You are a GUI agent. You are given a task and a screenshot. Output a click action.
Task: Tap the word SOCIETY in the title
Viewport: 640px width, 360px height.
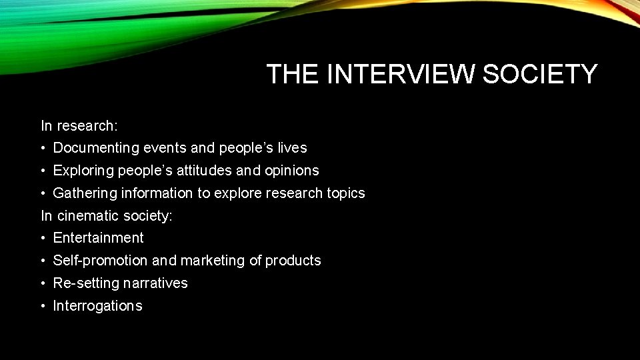(540, 74)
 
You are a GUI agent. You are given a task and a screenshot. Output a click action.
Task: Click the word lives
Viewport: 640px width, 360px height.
(293, 148)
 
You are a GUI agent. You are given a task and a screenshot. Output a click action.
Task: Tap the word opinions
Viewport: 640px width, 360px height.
(293, 171)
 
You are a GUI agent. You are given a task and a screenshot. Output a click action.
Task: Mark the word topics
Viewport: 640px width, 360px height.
(345, 194)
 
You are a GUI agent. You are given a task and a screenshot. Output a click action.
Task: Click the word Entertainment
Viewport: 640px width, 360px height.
(98, 238)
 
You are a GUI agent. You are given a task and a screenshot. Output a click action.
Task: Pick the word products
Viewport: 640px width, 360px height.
(293, 261)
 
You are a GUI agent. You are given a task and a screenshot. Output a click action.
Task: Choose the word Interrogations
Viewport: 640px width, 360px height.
(97, 306)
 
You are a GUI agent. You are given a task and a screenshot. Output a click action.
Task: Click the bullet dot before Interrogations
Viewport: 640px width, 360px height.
(43, 306)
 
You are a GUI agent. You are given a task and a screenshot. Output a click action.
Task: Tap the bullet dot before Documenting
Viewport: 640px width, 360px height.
(43, 148)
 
